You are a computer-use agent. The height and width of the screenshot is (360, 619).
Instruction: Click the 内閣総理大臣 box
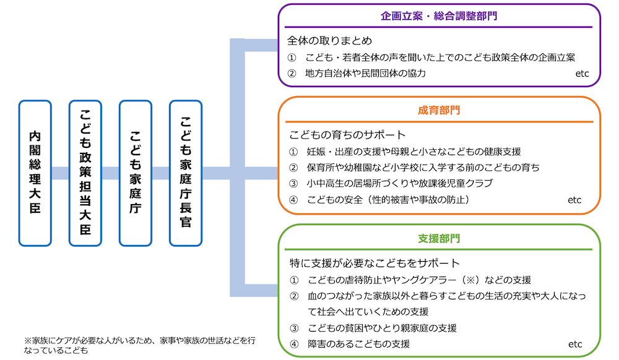(x=35, y=173)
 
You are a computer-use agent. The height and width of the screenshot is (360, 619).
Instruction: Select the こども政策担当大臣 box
(x=85, y=173)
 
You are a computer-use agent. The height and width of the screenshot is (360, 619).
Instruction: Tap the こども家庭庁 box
(x=136, y=173)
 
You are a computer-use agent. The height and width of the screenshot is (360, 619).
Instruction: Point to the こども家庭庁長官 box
(x=186, y=173)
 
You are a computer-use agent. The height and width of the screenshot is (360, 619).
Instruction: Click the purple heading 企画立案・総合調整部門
(x=439, y=16)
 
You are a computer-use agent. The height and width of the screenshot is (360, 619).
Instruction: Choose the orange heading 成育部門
(x=439, y=111)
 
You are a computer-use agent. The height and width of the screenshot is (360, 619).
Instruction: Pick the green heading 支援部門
(x=439, y=238)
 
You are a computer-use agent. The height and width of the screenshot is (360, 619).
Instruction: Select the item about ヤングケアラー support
(x=418, y=280)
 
